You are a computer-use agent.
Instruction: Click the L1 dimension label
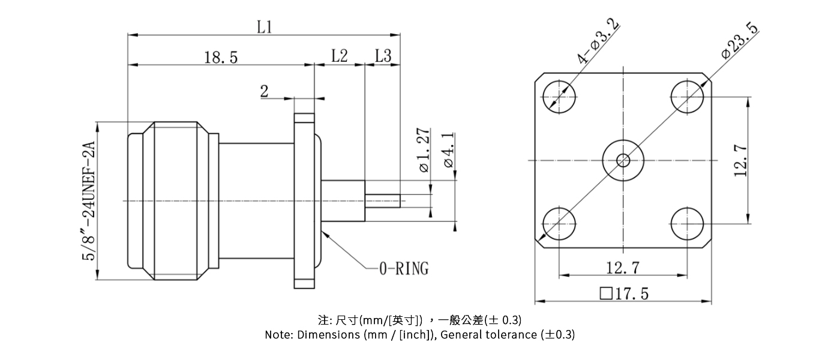[265, 27]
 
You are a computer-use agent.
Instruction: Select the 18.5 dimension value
[221, 58]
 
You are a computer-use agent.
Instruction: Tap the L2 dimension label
[340, 56]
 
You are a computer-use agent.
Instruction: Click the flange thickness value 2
[264, 92]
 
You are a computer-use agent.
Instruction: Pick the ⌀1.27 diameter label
[424, 150]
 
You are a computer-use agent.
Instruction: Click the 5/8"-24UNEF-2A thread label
[89, 200]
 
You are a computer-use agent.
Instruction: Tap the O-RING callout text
[403, 269]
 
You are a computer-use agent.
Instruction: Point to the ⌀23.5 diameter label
[739, 41]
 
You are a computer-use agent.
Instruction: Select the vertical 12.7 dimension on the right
[740, 160]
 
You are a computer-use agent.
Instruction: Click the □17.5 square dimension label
[623, 293]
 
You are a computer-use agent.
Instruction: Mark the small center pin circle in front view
[623, 160]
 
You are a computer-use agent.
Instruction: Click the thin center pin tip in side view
[383, 200]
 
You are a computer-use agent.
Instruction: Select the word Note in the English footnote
[278, 335]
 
